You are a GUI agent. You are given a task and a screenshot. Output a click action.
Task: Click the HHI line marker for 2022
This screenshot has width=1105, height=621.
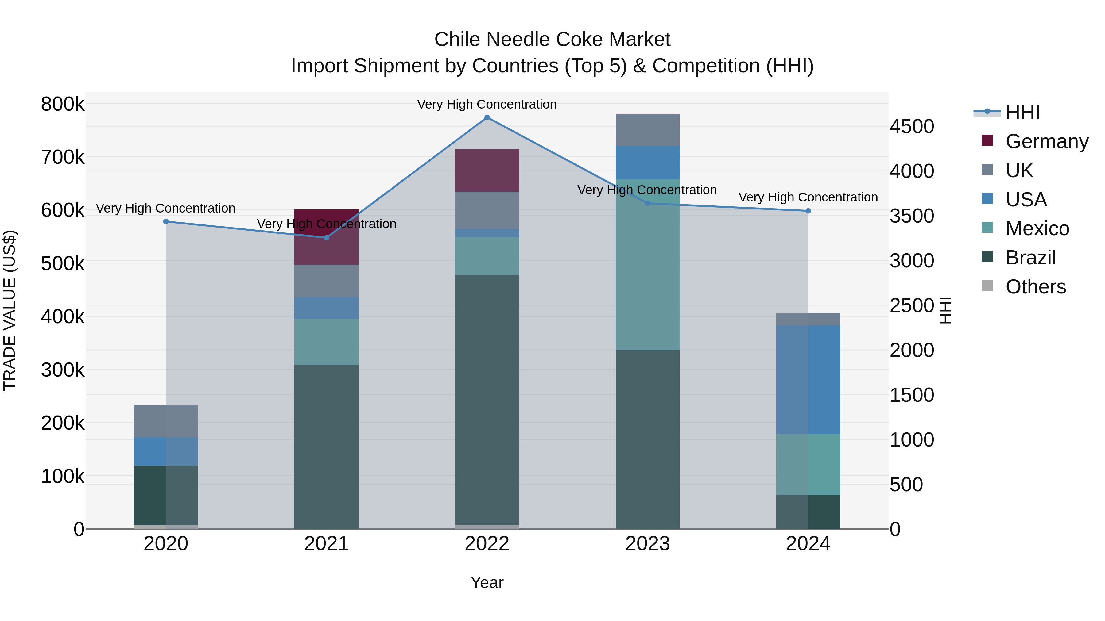[x=487, y=117]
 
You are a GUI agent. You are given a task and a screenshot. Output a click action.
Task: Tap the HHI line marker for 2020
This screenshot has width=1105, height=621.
[x=166, y=222]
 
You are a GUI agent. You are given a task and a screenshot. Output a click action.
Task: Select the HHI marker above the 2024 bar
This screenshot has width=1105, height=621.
[x=808, y=211]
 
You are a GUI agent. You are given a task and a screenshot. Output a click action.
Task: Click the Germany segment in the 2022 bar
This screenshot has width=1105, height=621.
[x=487, y=171]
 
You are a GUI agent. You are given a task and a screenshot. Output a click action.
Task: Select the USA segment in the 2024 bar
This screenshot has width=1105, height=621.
[x=808, y=380]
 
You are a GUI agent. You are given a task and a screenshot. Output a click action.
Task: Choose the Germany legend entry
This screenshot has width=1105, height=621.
[x=1047, y=141]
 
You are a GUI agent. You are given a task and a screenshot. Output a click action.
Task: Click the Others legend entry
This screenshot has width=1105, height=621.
[x=1036, y=287]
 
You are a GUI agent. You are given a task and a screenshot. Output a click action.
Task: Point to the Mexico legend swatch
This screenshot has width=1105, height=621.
[x=987, y=228]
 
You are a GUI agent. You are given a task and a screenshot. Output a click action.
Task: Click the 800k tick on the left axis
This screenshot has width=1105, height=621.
[x=63, y=104]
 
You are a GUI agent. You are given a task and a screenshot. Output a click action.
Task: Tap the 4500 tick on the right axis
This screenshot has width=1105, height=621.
[x=912, y=126]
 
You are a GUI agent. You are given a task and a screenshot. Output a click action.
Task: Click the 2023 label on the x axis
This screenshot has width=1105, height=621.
[x=647, y=544]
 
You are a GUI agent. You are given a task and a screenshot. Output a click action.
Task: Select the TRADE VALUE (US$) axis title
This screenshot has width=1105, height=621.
[x=10, y=310]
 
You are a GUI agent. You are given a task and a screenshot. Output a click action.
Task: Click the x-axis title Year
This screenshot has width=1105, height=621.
[x=487, y=582]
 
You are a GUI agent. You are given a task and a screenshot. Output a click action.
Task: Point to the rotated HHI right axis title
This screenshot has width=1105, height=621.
[x=945, y=310]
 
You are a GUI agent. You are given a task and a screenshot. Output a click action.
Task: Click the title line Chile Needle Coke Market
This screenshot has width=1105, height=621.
[x=552, y=40]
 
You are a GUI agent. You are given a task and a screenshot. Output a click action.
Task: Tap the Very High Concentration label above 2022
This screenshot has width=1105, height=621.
[x=487, y=104]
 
